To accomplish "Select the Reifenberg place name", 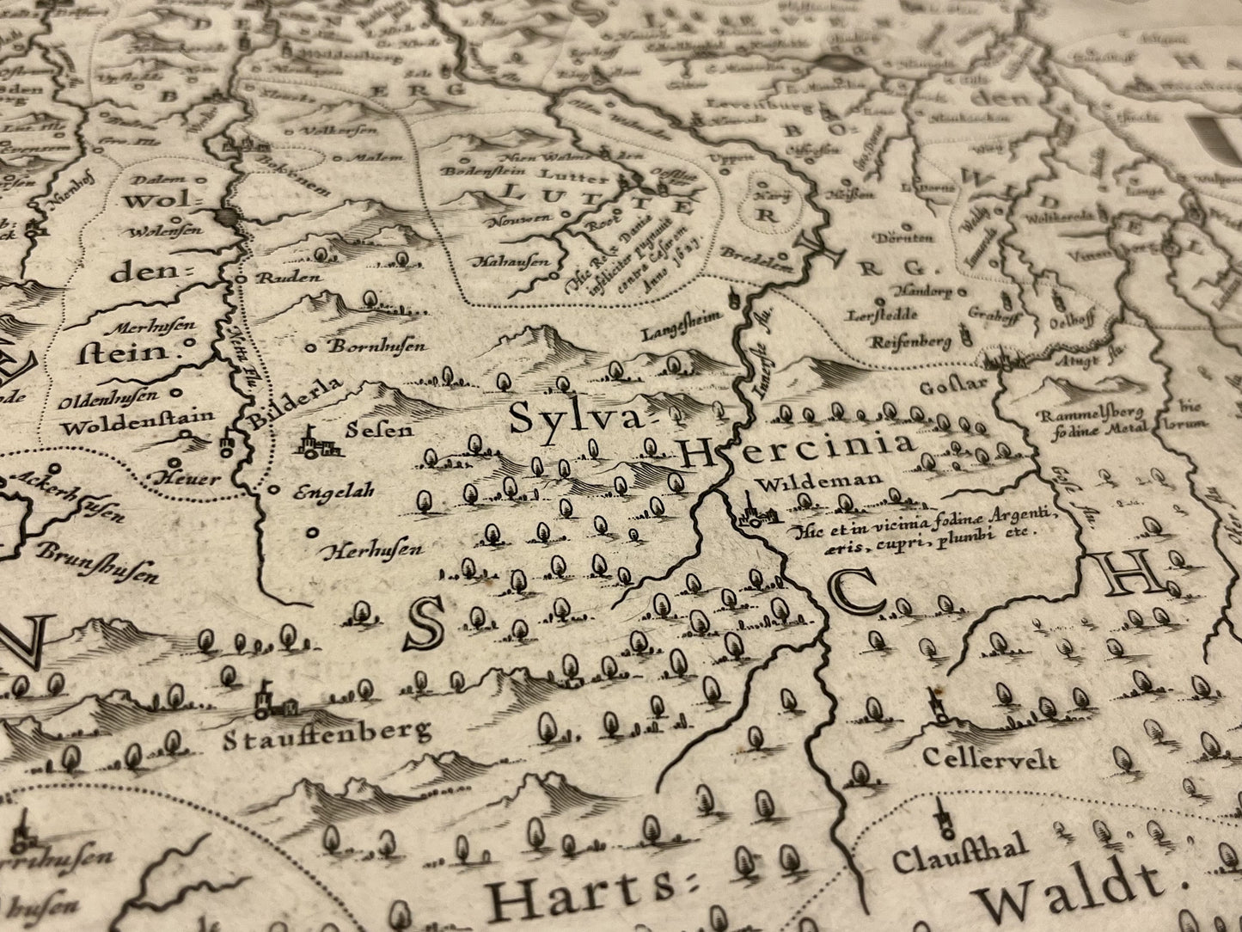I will [911, 342].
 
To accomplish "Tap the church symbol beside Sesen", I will [315, 442].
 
